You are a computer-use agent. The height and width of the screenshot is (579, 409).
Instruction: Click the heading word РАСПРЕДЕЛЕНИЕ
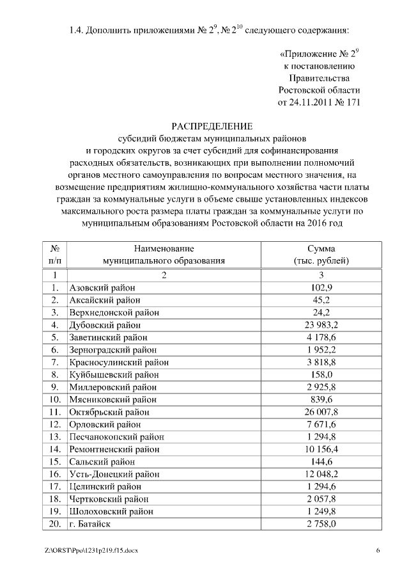click(212, 125)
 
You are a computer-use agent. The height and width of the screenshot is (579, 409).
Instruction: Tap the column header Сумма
click(320, 248)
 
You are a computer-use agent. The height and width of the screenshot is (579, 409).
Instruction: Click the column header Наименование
click(164, 248)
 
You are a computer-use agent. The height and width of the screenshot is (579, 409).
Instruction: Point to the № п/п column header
click(56, 255)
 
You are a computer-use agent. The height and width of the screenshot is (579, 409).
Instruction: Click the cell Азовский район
click(102, 289)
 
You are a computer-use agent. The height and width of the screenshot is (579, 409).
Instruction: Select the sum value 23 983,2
click(320, 325)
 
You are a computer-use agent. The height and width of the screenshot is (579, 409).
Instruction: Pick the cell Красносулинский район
click(118, 362)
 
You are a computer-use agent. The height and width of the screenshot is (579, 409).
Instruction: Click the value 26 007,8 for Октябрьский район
click(320, 412)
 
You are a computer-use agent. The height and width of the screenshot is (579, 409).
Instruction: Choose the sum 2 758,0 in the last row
click(320, 524)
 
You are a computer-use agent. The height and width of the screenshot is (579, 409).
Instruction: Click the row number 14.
click(56, 449)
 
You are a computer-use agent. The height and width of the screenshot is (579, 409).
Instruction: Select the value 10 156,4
click(320, 449)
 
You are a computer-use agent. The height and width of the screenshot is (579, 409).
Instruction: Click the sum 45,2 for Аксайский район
click(320, 300)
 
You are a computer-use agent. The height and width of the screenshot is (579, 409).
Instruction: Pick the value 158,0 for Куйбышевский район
click(320, 375)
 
